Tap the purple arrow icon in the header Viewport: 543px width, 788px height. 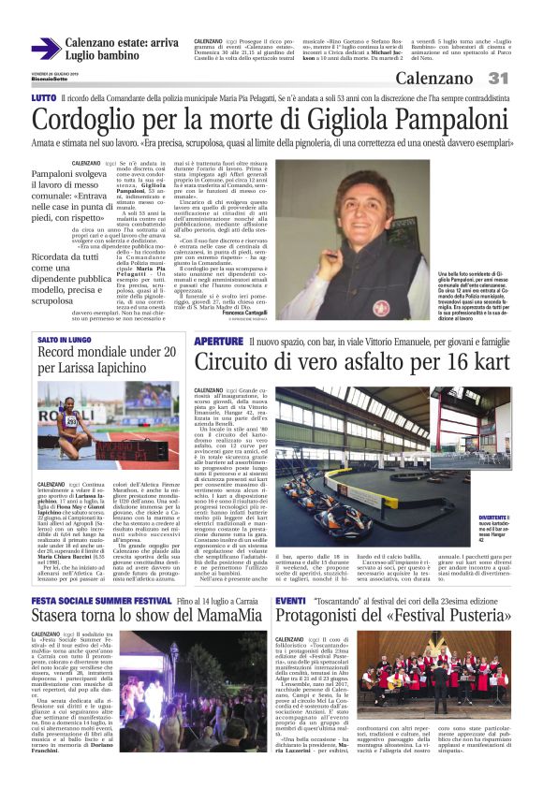[45, 49]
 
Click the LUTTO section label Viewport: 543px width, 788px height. [43, 97]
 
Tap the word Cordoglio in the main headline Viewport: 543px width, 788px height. [92, 121]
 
